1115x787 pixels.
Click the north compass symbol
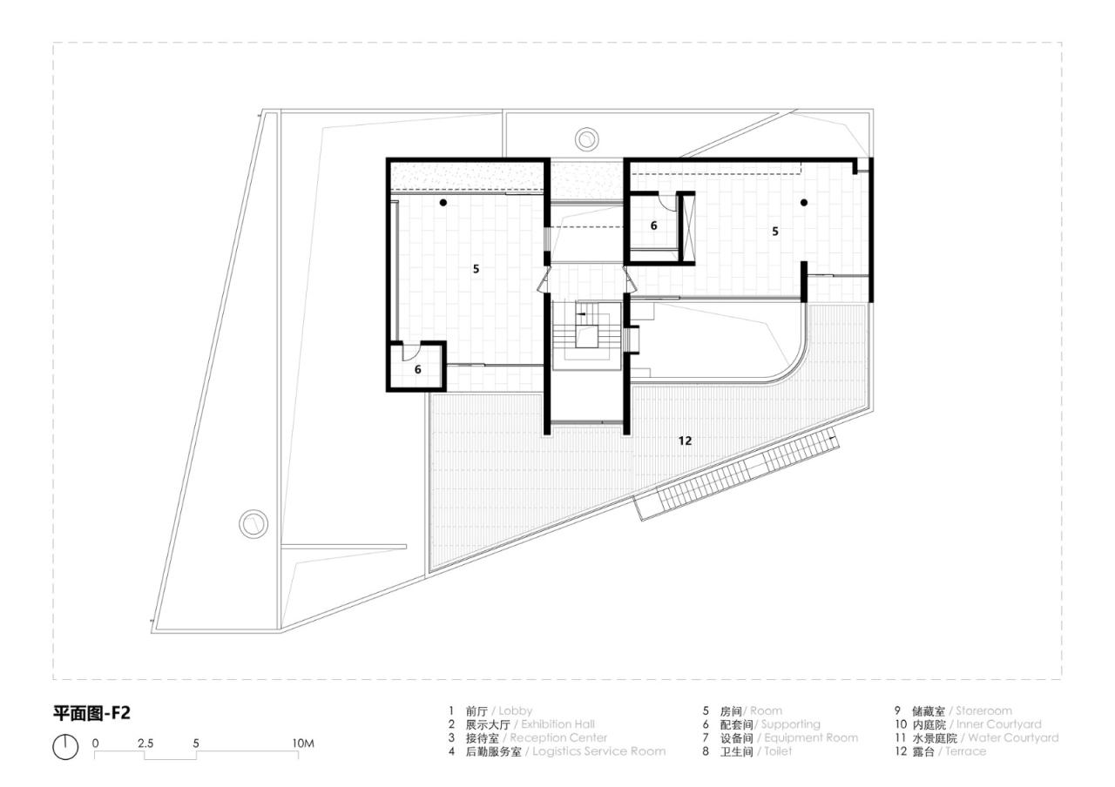[65, 747]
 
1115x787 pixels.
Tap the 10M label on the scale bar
[302, 743]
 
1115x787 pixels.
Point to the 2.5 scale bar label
[145, 743]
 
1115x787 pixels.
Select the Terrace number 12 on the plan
[685, 441]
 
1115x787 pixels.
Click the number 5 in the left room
[476, 269]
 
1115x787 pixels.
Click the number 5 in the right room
[774, 231]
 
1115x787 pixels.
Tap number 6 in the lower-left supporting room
[417, 369]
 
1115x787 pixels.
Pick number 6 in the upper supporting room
[654, 225]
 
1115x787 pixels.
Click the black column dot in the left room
[443, 203]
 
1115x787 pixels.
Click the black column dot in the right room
[804, 202]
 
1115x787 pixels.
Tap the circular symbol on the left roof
[253, 523]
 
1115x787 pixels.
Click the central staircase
[586, 335]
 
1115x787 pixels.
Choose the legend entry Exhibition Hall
[557, 724]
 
